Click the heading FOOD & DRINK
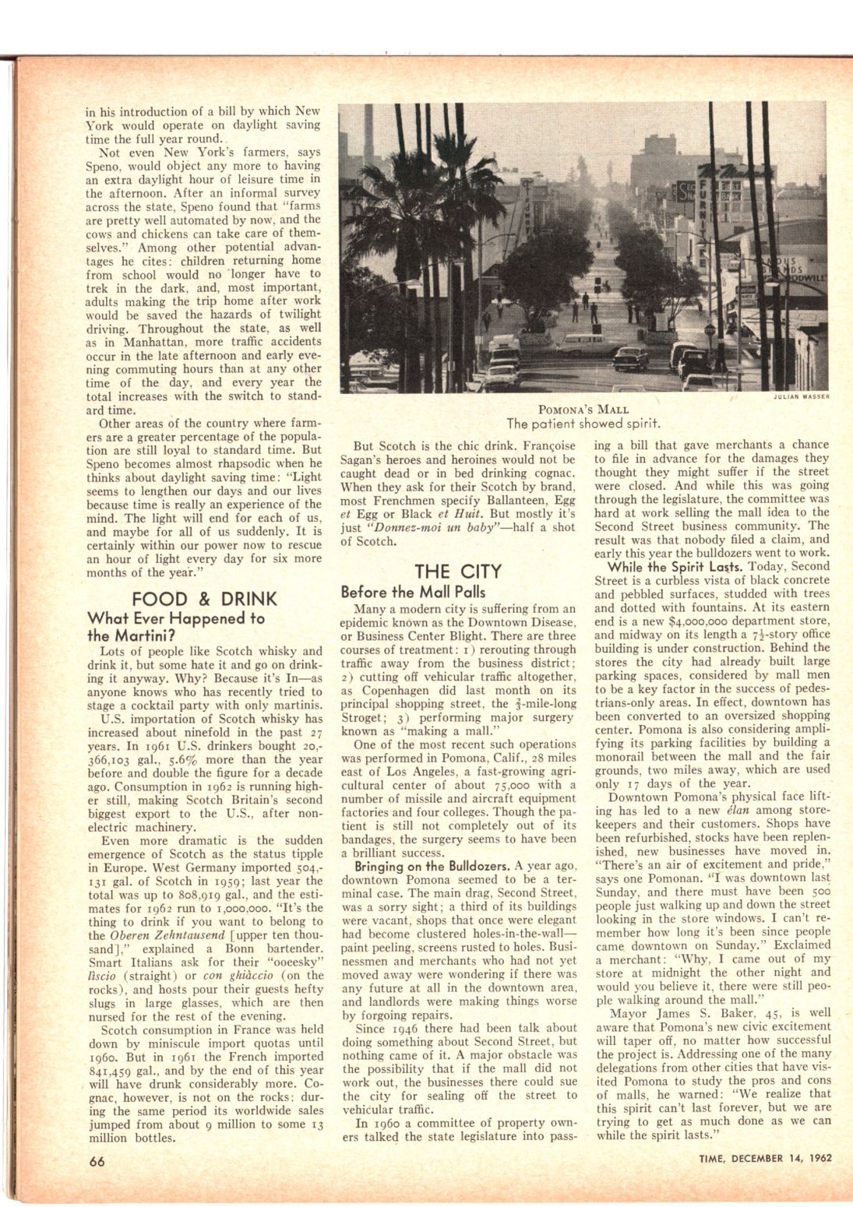click(x=203, y=599)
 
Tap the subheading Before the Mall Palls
click(x=413, y=592)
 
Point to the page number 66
click(x=97, y=1160)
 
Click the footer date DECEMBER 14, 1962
click(x=782, y=1158)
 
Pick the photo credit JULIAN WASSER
click(x=801, y=396)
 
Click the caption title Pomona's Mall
click(x=583, y=410)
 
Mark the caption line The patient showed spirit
click(x=583, y=424)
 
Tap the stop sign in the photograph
click(x=709, y=330)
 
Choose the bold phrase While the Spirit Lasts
click(x=675, y=566)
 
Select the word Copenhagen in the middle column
click(x=393, y=690)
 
